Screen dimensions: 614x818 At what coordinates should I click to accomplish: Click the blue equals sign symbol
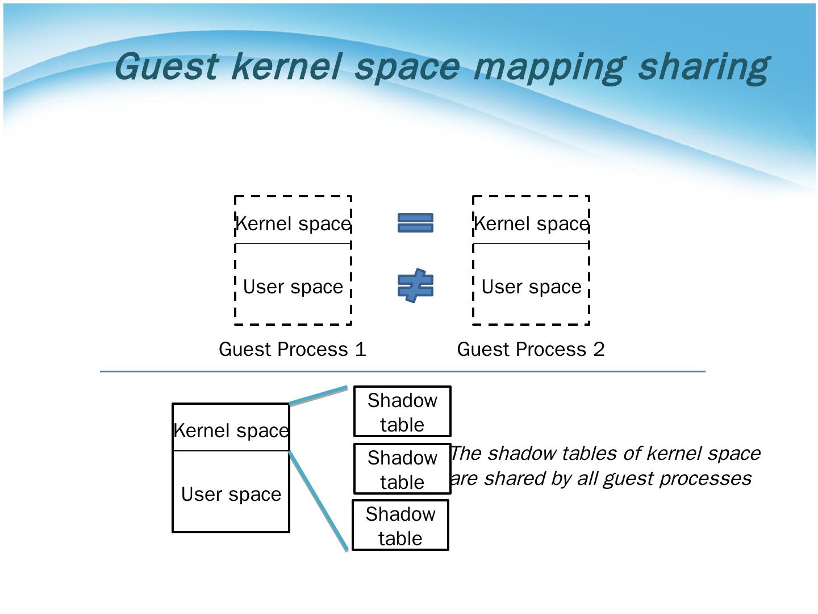click(x=415, y=223)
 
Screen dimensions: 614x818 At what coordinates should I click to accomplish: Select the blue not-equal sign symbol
click(x=415, y=285)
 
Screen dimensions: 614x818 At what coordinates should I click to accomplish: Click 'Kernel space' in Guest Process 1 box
click(x=293, y=224)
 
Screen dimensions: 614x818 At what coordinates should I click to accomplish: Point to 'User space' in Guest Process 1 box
click(x=293, y=287)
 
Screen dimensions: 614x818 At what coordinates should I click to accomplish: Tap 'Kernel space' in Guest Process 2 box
click(x=531, y=224)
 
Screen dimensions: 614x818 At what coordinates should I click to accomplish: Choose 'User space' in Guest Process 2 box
click(x=531, y=287)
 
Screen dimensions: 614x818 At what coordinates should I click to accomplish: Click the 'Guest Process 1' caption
click(x=293, y=349)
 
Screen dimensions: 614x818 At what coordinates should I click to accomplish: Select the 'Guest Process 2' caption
click(x=531, y=349)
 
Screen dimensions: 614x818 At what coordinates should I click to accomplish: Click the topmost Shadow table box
click(x=402, y=412)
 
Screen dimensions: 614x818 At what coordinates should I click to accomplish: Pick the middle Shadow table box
click(x=402, y=469)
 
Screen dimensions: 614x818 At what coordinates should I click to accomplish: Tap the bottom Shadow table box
click(x=400, y=525)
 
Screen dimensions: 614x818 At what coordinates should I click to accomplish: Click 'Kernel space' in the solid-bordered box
click(x=231, y=431)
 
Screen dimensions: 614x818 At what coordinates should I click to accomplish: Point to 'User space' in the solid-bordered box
click(x=231, y=494)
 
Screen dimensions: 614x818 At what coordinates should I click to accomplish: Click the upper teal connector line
click(x=318, y=396)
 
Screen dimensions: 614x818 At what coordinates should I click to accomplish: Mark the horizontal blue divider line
click(x=402, y=371)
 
